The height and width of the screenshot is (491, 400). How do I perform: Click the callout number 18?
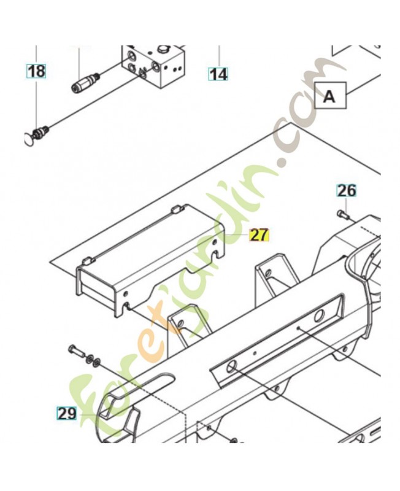pos(37,71)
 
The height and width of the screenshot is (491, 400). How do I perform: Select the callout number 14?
pos(218,74)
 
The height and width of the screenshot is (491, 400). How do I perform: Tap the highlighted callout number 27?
pos(259,235)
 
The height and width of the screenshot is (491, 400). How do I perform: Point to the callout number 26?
pos(347,191)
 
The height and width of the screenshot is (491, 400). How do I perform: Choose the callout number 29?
pos(67,414)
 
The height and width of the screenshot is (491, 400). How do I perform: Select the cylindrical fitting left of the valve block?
pos(85,83)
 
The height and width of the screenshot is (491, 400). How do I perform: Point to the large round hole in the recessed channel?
pos(318,317)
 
